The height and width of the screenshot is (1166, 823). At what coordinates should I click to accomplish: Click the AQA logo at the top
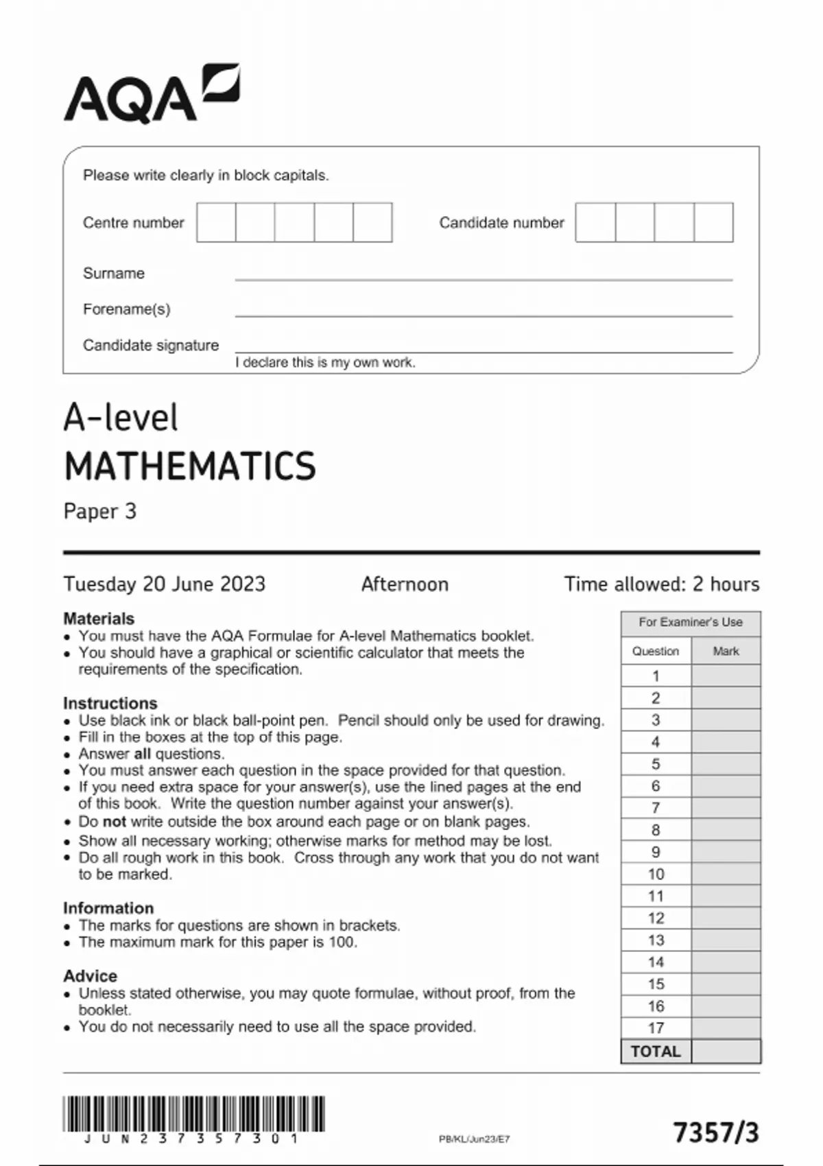click(x=151, y=95)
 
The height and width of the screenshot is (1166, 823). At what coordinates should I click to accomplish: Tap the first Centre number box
click(x=216, y=222)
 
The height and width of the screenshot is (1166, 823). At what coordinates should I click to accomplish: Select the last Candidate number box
click(x=713, y=222)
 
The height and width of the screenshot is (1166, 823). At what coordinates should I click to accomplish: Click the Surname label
click(x=114, y=273)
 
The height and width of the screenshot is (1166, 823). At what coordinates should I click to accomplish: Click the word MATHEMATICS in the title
click(x=190, y=466)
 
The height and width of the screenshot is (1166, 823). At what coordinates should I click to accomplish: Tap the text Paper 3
click(x=100, y=512)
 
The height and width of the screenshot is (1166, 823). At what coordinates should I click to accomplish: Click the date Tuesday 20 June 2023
click(x=165, y=584)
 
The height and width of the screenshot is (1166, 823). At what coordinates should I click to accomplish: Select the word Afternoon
click(x=405, y=584)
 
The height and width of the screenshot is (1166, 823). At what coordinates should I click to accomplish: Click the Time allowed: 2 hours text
click(x=662, y=584)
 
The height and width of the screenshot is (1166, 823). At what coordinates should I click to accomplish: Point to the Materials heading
click(x=99, y=618)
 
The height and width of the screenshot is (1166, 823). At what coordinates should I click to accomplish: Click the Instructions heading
click(x=110, y=703)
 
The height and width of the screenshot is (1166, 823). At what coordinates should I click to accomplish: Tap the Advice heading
click(x=91, y=975)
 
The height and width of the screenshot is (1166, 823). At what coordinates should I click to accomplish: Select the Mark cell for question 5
click(x=726, y=764)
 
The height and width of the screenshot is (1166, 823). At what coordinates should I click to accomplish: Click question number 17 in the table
click(x=656, y=1027)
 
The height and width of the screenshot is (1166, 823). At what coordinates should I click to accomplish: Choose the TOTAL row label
click(x=656, y=1051)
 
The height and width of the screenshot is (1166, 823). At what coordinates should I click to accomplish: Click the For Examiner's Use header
click(x=691, y=622)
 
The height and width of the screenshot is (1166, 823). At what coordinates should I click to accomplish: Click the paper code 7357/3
click(x=716, y=1132)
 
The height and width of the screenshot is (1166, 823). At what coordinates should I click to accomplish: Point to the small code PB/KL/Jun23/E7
click(x=475, y=1139)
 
